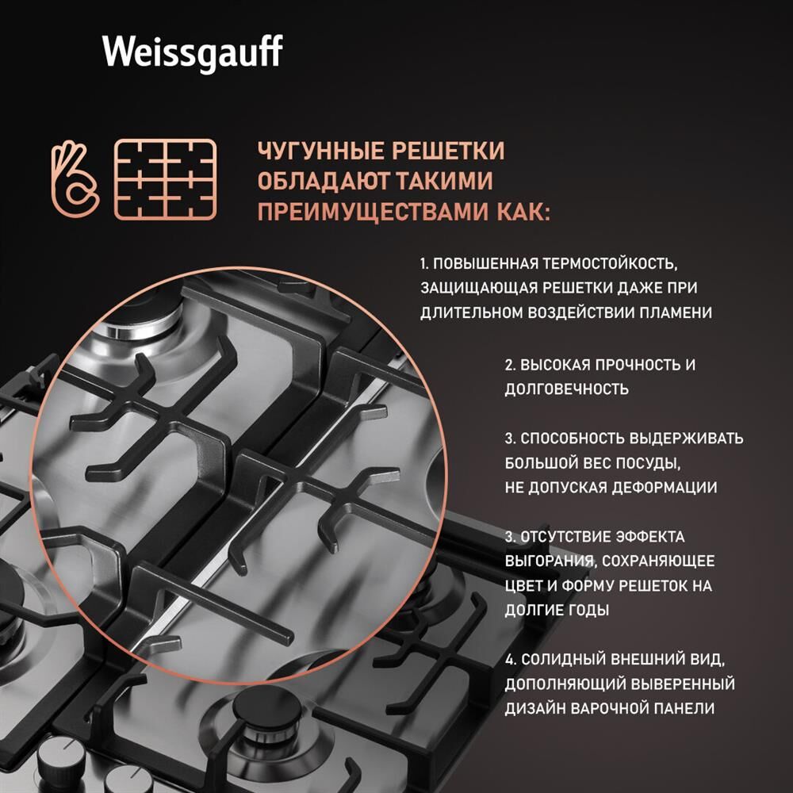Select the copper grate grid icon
(165, 180)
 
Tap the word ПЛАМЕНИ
(679, 312)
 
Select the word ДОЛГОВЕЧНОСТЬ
(566, 389)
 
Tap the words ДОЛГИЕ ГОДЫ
(557, 611)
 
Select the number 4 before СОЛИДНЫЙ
(509, 660)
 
